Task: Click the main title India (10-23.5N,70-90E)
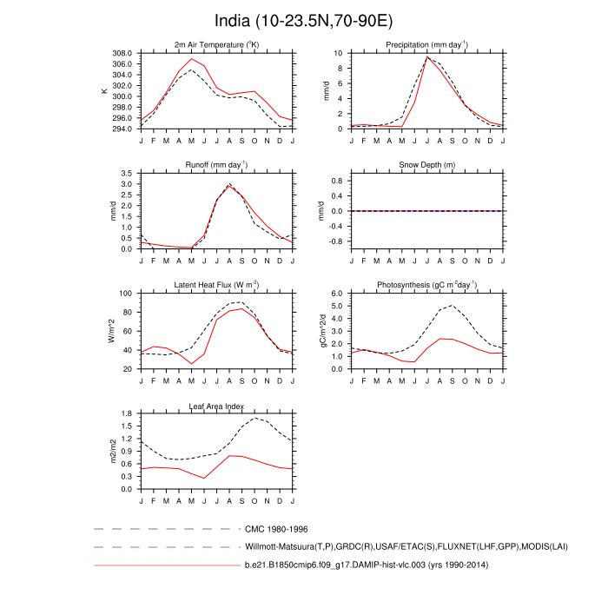(303, 20)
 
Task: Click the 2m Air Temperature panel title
(216, 44)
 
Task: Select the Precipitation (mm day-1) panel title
(426, 44)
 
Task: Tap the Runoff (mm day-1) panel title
(216, 164)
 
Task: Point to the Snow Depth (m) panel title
(426, 165)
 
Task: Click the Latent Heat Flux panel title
(216, 285)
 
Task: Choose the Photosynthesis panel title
(426, 285)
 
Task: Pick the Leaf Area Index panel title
(216, 406)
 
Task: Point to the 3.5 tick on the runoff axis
(127, 174)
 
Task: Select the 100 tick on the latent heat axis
(125, 294)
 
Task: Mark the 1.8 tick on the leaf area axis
(127, 414)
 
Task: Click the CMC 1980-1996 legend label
(276, 528)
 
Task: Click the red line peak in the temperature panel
(192, 58)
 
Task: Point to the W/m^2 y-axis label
(111, 331)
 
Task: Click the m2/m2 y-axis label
(111, 452)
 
